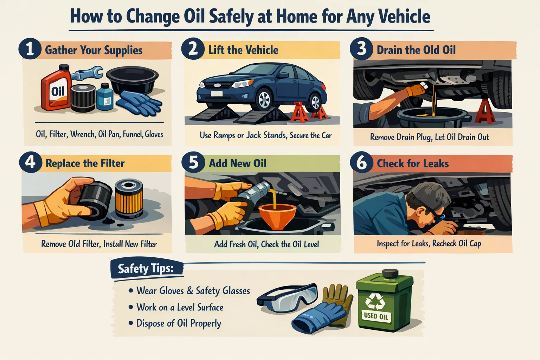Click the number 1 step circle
point(30,49)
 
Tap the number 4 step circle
point(30,162)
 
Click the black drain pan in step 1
point(132,79)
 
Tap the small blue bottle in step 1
point(105,97)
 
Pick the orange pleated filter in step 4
point(129,199)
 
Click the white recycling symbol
point(374,301)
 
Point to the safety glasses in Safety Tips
point(287,298)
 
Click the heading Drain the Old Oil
point(416,50)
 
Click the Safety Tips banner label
point(146,269)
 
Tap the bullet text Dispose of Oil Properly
point(179,323)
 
